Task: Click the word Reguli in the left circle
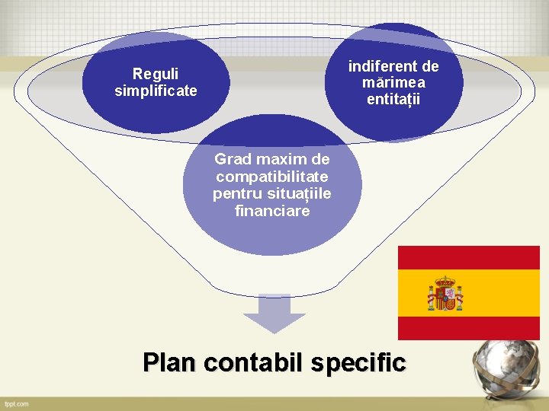click(156, 74)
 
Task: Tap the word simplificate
click(156, 91)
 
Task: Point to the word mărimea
click(393, 82)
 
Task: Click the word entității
click(393, 100)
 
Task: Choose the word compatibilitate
click(272, 177)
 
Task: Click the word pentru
click(236, 194)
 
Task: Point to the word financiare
click(272, 211)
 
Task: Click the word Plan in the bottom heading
click(171, 362)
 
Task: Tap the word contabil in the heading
click(256, 362)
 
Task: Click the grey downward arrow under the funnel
click(268, 314)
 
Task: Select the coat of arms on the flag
click(445, 294)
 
